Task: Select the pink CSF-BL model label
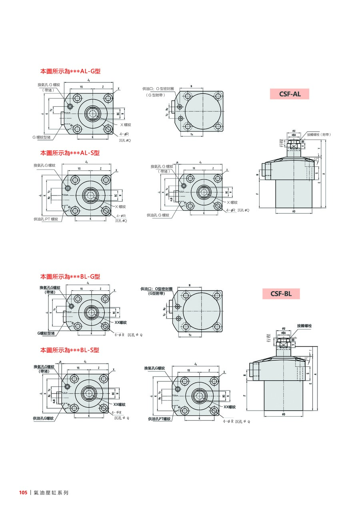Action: click(x=281, y=294)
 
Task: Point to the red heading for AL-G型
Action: click(x=70, y=72)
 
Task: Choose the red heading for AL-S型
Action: click(x=70, y=153)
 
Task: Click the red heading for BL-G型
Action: click(x=70, y=276)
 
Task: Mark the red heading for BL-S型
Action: click(x=70, y=350)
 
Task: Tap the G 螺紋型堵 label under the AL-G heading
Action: click(x=42, y=137)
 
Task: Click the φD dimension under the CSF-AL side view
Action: click(x=294, y=212)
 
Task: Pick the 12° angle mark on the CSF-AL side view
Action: click(x=316, y=160)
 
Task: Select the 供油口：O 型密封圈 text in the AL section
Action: click(x=158, y=88)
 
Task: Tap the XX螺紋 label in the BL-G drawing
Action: click(x=120, y=322)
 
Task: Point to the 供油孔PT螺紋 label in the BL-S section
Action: click(x=159, y=419)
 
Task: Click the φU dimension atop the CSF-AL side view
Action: click(x=294, y=131)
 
